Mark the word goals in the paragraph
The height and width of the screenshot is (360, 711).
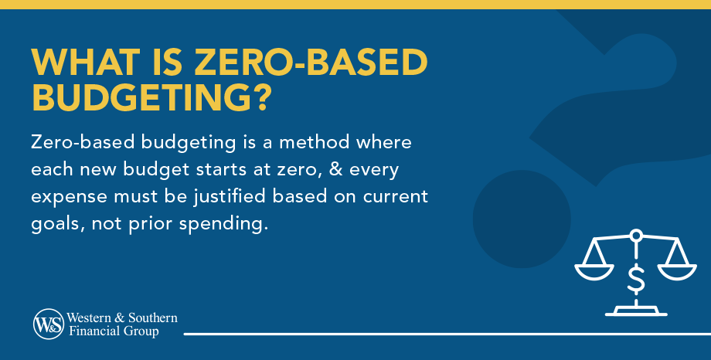coord(52,220)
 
